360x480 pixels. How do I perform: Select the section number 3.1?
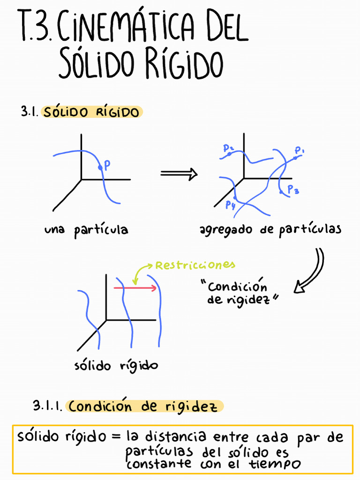point(29,112)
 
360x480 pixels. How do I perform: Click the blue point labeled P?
point(99,167)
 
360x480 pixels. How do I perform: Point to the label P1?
point(300,151)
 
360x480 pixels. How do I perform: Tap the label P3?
point(293,190)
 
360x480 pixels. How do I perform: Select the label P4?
point(230,204)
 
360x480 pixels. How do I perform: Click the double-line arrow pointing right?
point(178,174)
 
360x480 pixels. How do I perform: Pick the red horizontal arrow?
point(136,288)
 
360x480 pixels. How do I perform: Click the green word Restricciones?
point(195,265)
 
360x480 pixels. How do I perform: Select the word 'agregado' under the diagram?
point(223,230)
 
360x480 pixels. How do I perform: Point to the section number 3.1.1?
point(47,405)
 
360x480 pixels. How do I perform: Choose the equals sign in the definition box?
point(116,437)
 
